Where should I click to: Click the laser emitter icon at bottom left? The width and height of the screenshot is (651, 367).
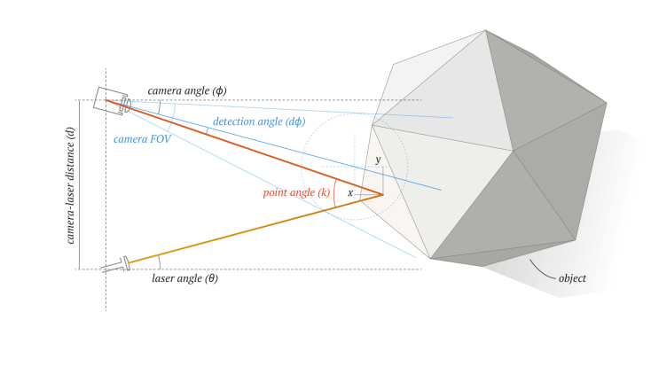(117, 264)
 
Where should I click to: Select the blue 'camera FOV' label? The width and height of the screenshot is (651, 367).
(142, 138)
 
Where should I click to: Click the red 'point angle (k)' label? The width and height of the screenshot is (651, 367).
(296, 192)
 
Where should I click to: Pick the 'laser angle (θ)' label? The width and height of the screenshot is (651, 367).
(184, 277)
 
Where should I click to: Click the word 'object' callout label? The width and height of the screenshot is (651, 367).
(572, 278)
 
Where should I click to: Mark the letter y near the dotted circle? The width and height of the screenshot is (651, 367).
(377, 160)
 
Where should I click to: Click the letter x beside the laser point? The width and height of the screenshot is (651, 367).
(350, 192)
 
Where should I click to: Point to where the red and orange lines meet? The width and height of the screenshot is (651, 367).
(383, 194)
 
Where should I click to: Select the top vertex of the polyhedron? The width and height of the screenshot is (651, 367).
(485, 30)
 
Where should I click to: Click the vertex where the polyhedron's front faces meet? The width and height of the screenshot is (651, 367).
(514, 151)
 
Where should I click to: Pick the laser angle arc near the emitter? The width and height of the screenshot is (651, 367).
(160, 261)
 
